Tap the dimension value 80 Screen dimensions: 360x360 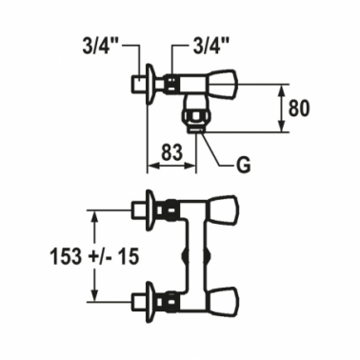pos(299,109)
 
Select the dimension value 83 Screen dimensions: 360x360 pos(171,152)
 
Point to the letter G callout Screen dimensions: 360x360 pos(244,165)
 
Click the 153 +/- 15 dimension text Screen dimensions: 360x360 pos(94,256)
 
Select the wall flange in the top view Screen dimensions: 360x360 pos(150,84)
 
